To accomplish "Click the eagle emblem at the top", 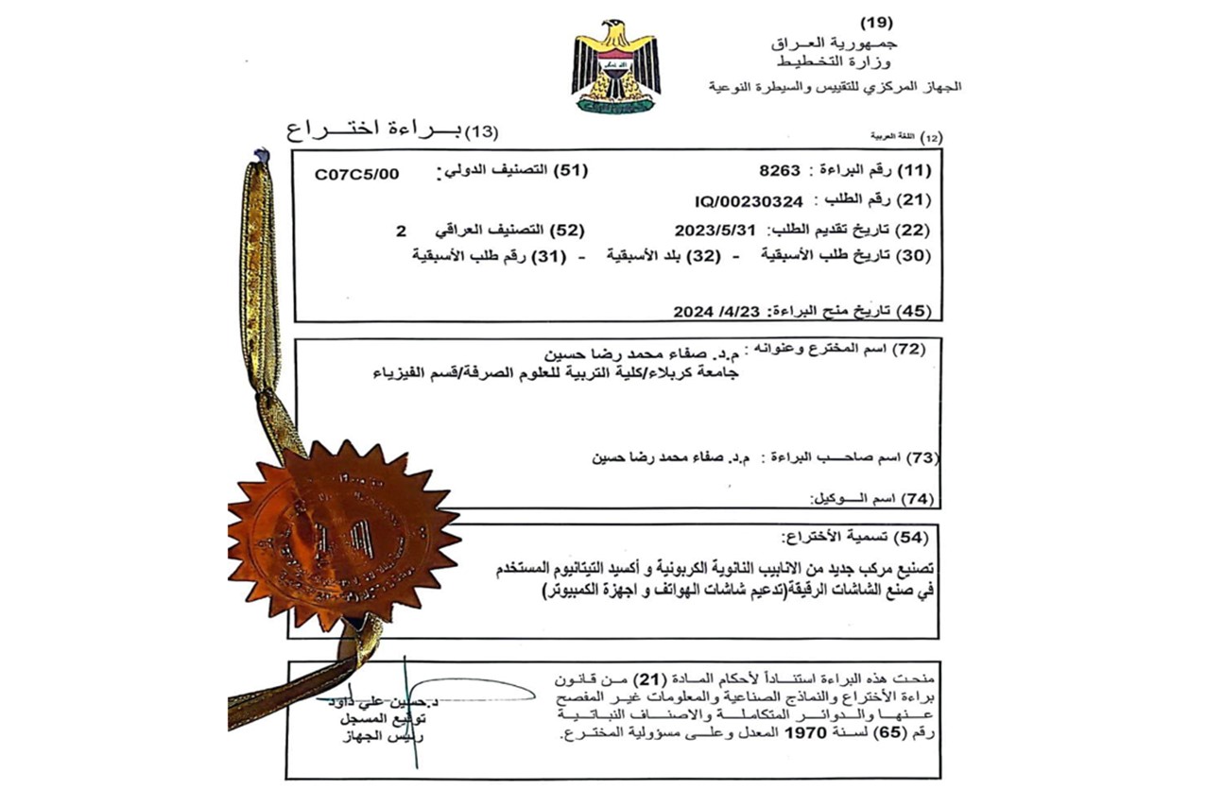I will click(x=615, y=64).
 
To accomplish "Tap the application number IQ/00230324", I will click(x=748, y=200).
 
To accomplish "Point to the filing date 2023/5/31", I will click(x=715, y=230).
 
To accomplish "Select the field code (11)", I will click(x=913, y=171).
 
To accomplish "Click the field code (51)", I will click(x=571, y=171).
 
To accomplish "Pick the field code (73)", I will click(x=917, y=458).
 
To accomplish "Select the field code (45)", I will click(x=913, y=310).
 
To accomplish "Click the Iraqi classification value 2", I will click(x=401, y=230).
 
